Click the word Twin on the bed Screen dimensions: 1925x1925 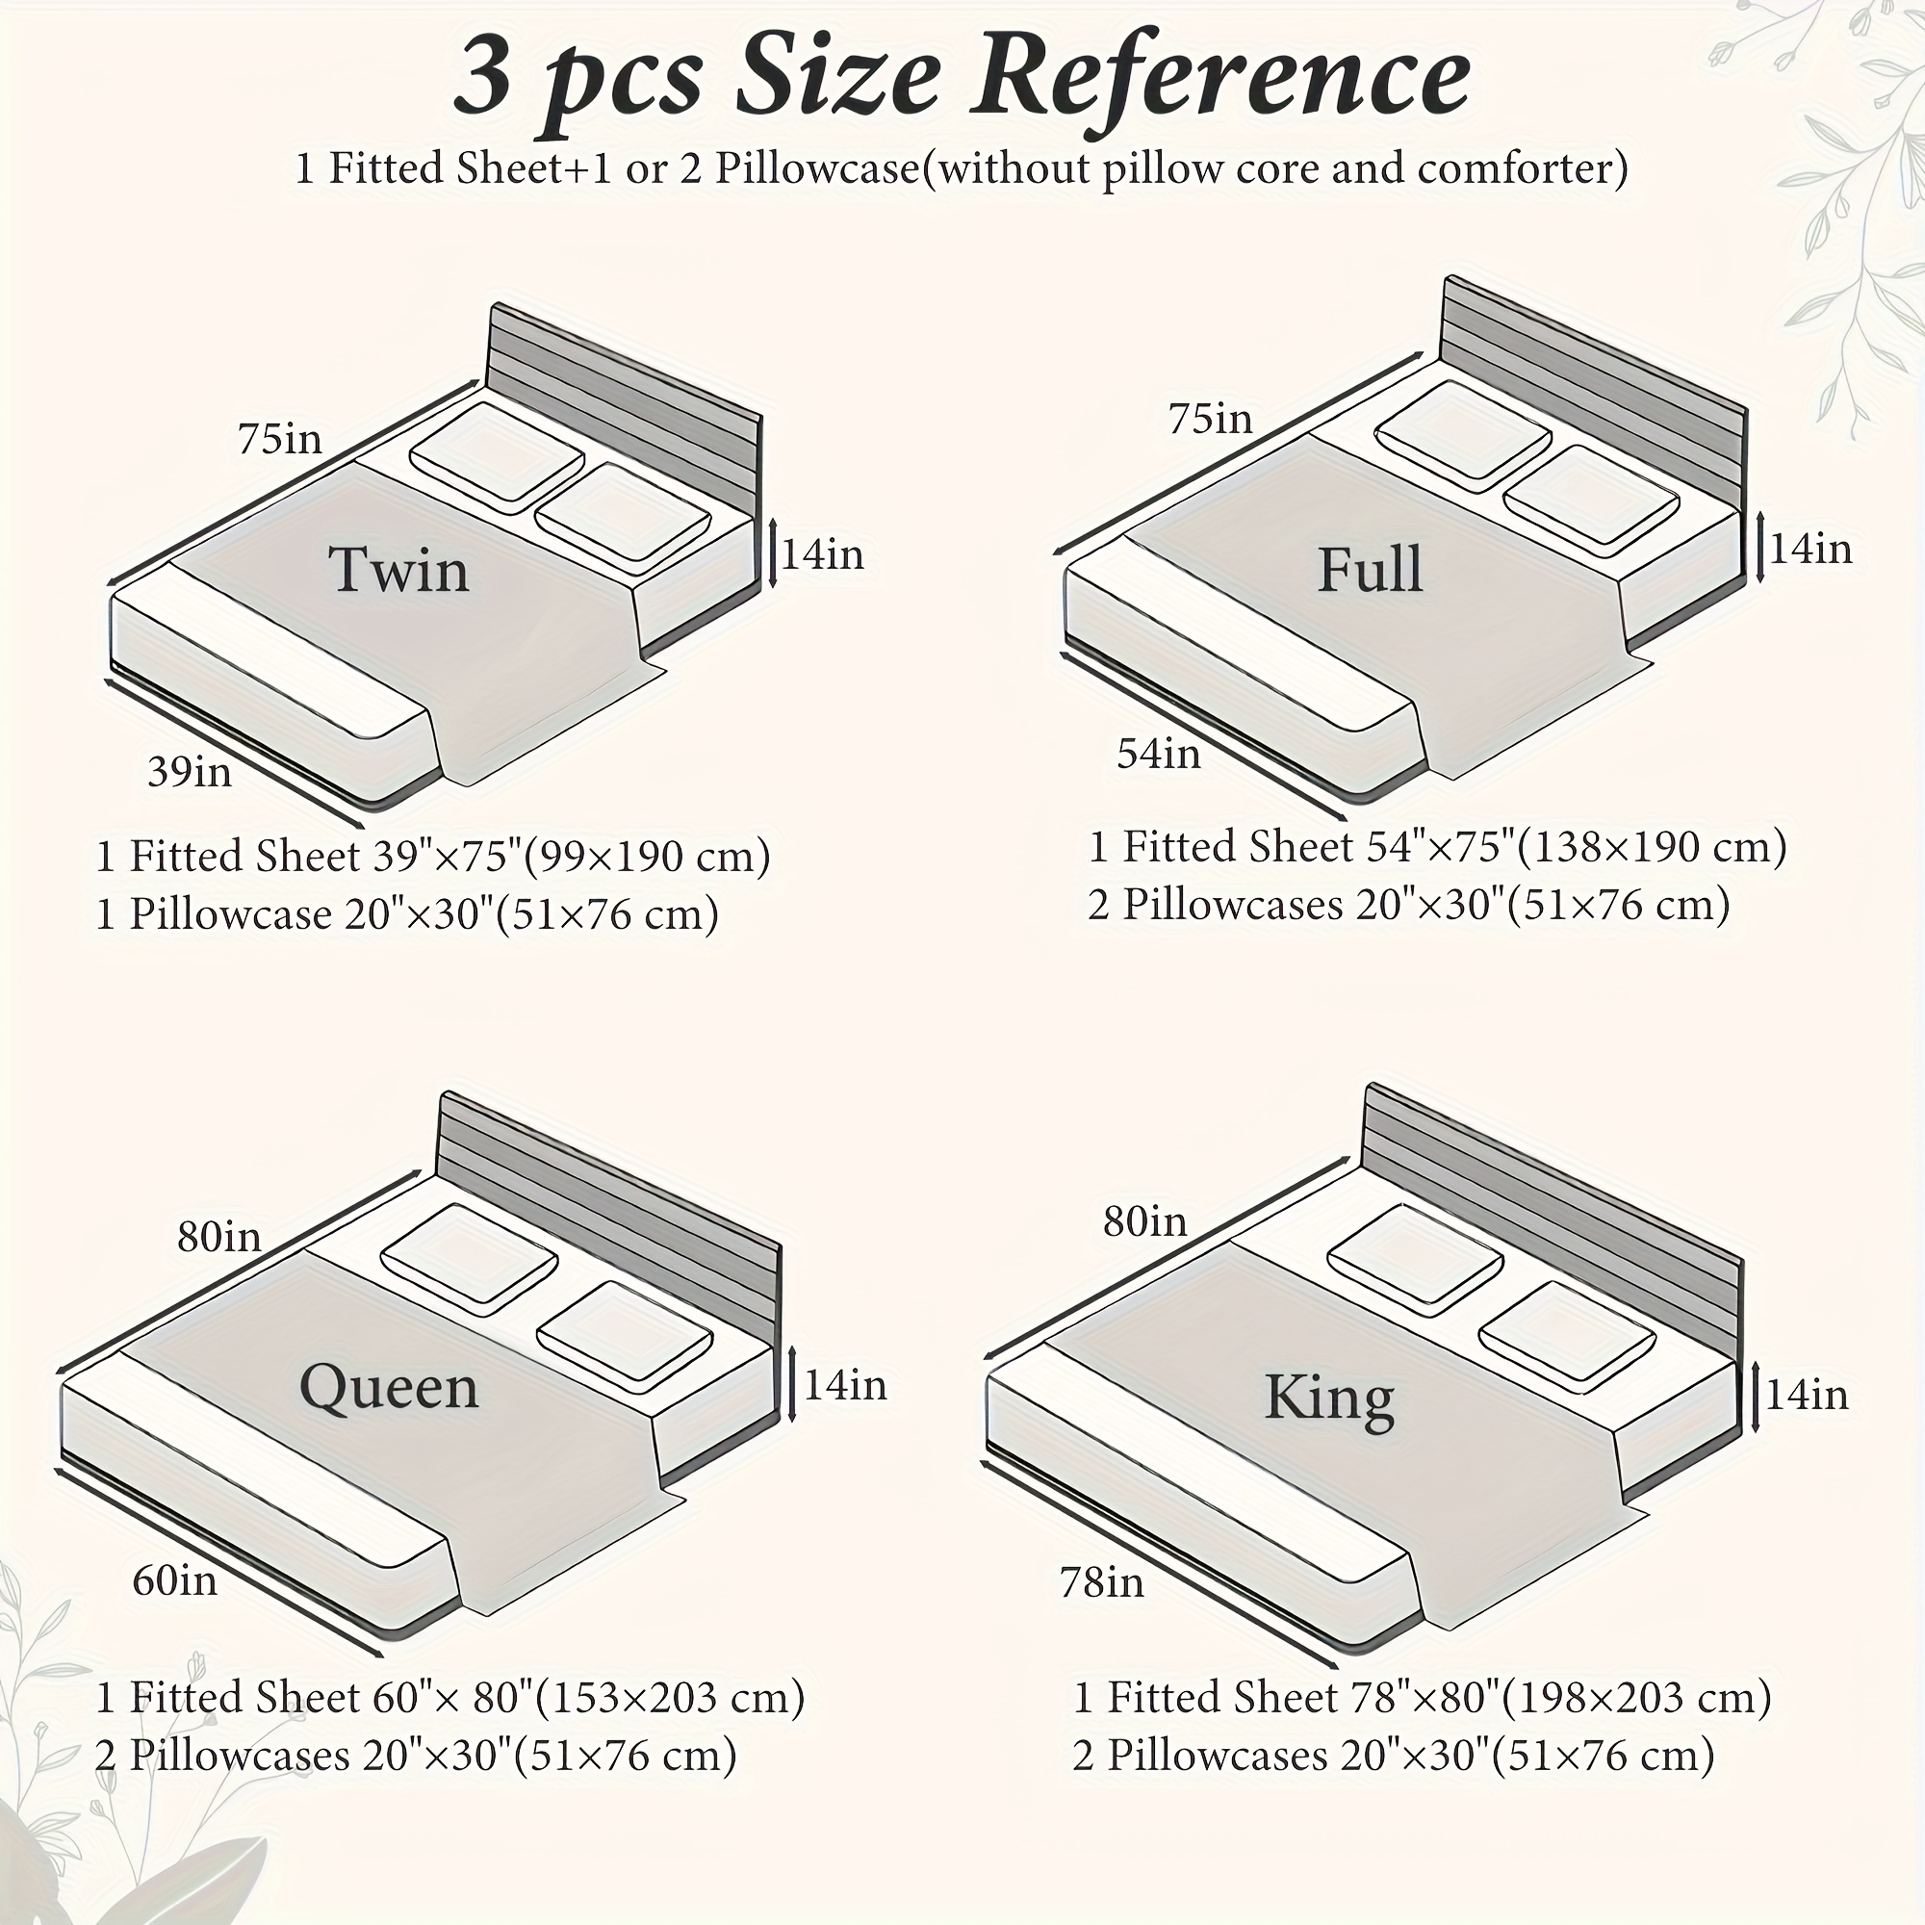pos(398,570)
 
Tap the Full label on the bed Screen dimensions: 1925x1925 pos(1370,570)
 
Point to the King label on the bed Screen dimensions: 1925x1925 pos(1329,1399)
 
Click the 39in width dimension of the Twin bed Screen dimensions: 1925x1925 pos(190,772)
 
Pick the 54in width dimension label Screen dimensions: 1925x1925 pos(1159,755)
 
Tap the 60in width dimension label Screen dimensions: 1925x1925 pos(174,1581)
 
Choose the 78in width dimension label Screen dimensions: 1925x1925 pos(1102,1582)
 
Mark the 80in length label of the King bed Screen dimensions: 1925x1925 pos(1144,1221)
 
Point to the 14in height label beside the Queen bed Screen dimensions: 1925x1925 pos(845,1386)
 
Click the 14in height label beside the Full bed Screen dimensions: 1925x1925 pos(1810,549)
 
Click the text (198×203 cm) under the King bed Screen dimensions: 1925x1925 pos(1636,1698)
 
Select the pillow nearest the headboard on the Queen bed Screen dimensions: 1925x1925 pos(470,1259)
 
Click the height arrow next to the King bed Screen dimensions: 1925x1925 pos(1756,1397)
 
